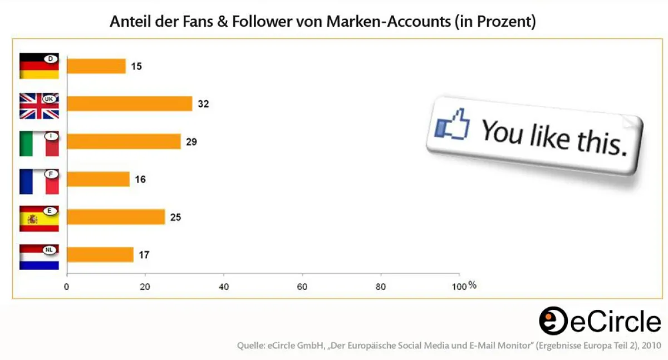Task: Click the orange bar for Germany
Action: [96, 66]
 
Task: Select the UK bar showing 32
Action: [129, 104]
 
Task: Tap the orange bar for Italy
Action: [124, 141]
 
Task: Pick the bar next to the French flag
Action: [98, 179]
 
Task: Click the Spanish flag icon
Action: [39, 219]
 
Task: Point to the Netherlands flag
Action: [39, 257]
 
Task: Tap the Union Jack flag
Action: [39, 106]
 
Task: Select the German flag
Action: [39, 66]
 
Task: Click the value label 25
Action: [175, 217]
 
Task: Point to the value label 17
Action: [144, 255]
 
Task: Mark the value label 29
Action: [191, 142]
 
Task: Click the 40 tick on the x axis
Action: [223, 287]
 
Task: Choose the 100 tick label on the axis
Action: [459, 287]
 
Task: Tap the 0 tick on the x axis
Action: [67, 287]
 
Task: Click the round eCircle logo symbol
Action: [553, 321]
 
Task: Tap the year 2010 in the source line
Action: [650, 346]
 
